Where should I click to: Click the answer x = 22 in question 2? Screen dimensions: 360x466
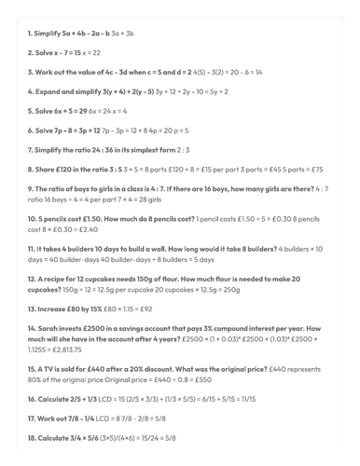click(96, 53)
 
